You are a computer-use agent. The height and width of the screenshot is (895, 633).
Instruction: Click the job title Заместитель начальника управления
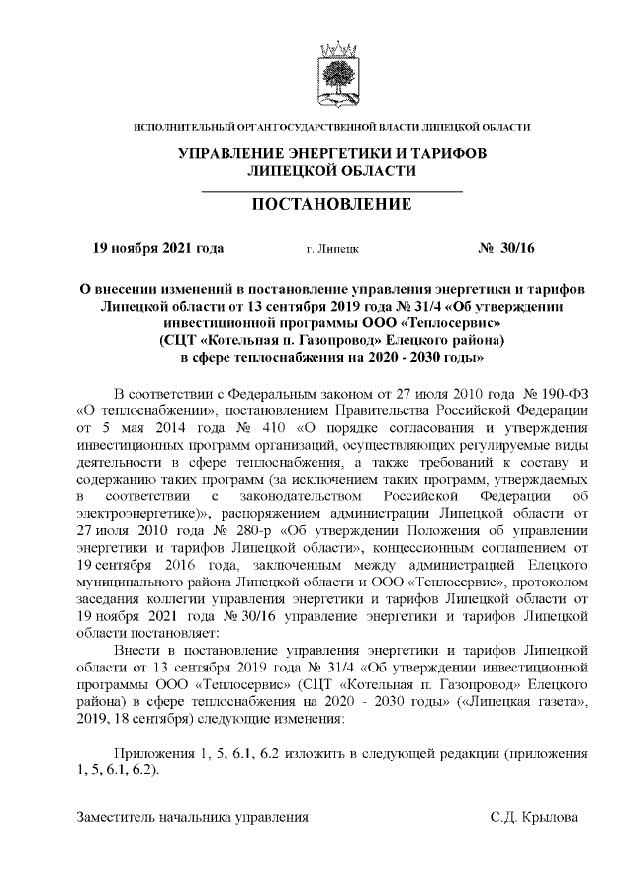point(193,817)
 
